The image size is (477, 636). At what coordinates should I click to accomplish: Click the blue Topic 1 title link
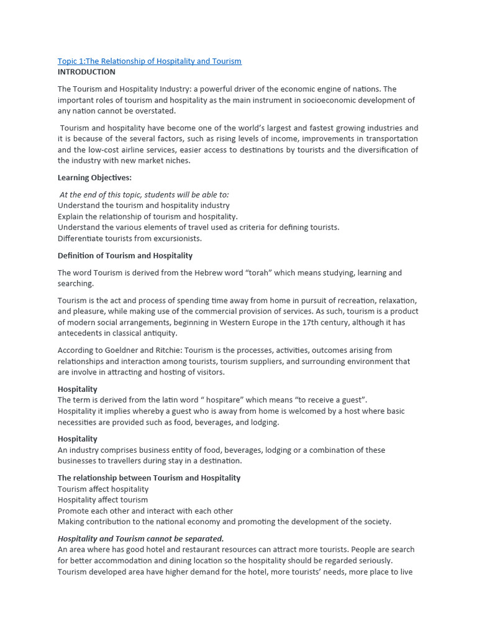pyautogui.click(x=149, y=61)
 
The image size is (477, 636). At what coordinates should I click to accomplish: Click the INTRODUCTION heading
pyautogui.click(x=86, y=72)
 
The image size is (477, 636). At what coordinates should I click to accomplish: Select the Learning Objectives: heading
pyautogui.click(x=94, y=178)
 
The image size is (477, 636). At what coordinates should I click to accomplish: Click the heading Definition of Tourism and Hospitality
pyautogui.click(x=125, y=255)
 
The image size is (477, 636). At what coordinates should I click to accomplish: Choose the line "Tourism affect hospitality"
pyautogui.click(x=103, y=489)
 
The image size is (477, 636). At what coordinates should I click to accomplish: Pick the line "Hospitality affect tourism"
pyautogui.click(x=103, y=500)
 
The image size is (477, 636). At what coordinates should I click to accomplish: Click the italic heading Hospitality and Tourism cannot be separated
pyautogui.click(x=141, y=538)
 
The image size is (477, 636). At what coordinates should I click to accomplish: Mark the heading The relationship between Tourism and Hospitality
pyautogui.click(x=149, y=478)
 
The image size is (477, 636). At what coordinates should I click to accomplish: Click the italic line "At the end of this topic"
pyautogui.click(x=144, y=194)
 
